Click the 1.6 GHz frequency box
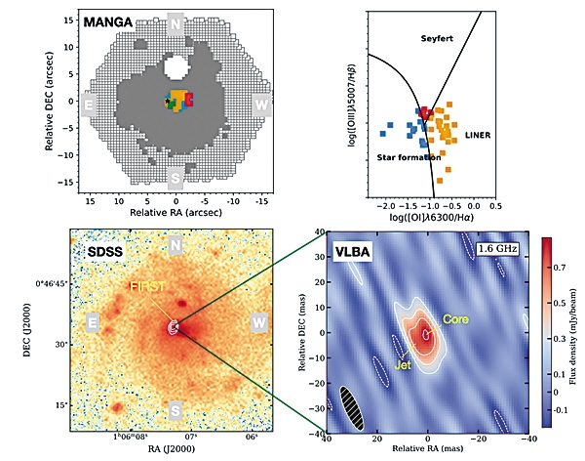(x=497, y=251)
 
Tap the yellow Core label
(x=455, y=319)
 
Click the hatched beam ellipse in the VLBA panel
(x=348, y=407)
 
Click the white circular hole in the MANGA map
(x=176, y=67)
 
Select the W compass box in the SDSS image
(x=258, y=321)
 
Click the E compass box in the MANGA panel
(x=90, y=104)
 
